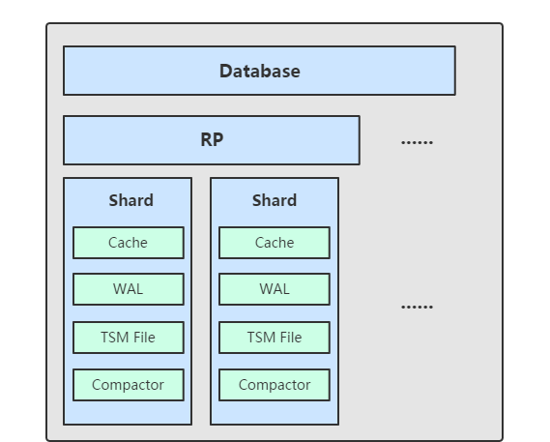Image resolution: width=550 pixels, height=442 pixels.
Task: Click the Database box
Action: pos(260,71)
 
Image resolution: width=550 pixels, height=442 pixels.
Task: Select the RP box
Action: pos(212,140)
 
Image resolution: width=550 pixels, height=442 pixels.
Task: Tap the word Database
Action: pos(260,72)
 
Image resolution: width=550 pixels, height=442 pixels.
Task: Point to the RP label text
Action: pos(212,139)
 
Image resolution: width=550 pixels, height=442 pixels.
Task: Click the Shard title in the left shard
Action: pos(130,200)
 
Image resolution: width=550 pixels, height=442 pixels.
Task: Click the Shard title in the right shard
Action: pos(275,200)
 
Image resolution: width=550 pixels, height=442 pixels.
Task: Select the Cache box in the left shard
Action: pos(129,243)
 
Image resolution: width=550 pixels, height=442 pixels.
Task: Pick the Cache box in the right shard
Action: pos(275,243)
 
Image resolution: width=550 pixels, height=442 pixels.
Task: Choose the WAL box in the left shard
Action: pos(129,289)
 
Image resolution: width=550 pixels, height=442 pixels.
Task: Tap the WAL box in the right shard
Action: pos(275,289)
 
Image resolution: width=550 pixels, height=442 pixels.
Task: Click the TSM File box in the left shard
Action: pos(129,338)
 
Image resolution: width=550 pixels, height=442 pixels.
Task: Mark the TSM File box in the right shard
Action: pos(275,338)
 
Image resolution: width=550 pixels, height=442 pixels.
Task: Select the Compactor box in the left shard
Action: pos(129,385)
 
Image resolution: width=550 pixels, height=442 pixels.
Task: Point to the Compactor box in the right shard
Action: pos(275,385)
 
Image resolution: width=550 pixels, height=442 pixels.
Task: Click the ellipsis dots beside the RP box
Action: pos(417,142)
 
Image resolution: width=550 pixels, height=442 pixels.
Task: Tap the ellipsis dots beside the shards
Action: pos(417,307)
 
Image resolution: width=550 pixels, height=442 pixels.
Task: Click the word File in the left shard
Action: pos(144,338)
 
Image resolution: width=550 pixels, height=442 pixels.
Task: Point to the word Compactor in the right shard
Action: pos(275,385)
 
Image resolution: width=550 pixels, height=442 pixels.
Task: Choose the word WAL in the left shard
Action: pos(128,289)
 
